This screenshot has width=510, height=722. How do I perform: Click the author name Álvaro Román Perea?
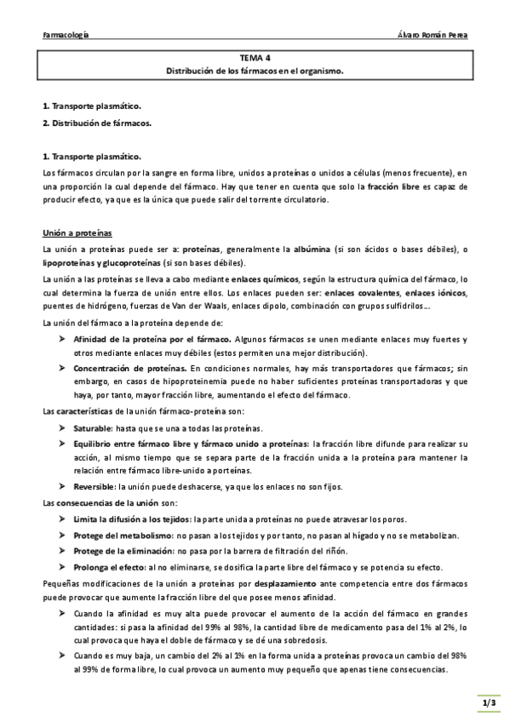tap(433, 36)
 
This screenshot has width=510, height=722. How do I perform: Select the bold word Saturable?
tap(93, 428)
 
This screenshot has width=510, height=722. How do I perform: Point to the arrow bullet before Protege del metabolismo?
tap(63, 536)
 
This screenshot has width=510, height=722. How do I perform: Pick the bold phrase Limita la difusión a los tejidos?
tap(132, 519)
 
